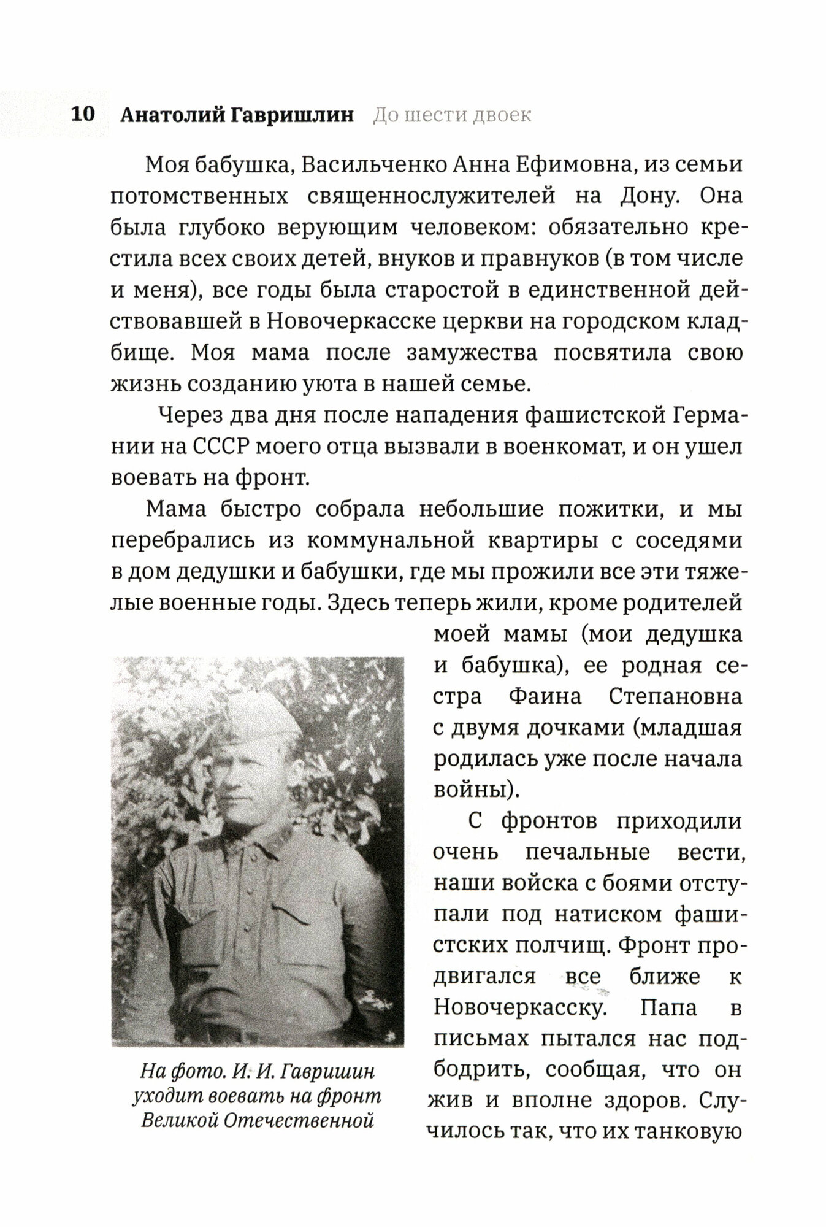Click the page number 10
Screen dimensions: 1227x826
(82, 115)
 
